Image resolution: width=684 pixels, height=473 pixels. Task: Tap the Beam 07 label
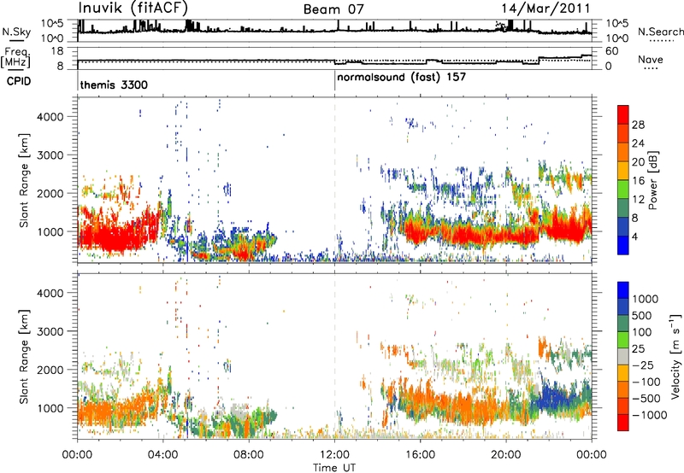(x=333, y=9)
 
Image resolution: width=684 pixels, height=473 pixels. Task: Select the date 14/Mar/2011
(x=545, y=9)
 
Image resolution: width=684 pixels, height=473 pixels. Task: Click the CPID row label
(x=19, y=81)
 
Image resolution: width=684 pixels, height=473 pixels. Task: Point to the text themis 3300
(x=114, y=85)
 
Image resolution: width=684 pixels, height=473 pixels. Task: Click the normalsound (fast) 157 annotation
(x=401, y=78)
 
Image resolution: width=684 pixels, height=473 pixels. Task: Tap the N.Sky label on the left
(x=16, y=32)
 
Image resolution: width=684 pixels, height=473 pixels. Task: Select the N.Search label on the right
(x=660, y=32)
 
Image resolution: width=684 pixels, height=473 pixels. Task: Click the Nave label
(x=651, y=59)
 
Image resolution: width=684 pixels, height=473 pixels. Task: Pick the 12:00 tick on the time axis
(x=334, y=454)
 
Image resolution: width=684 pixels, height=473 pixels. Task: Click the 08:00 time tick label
(x=249, y=454)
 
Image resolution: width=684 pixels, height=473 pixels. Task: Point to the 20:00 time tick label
(x=506, y=454)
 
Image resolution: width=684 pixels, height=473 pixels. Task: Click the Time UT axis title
(x=334, y=467)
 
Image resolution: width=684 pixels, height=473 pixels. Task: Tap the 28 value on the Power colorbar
(x=638, y=125)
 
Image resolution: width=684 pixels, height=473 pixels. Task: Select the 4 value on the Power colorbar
(x=634, y=237)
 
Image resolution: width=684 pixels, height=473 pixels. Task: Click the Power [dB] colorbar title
(x=653, y=180)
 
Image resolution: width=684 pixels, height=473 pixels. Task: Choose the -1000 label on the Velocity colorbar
(x=650, y=415)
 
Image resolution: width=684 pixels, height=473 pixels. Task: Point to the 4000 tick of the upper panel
(x=51, y=117)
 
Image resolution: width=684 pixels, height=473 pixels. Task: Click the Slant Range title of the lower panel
(x=24, y=356)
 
